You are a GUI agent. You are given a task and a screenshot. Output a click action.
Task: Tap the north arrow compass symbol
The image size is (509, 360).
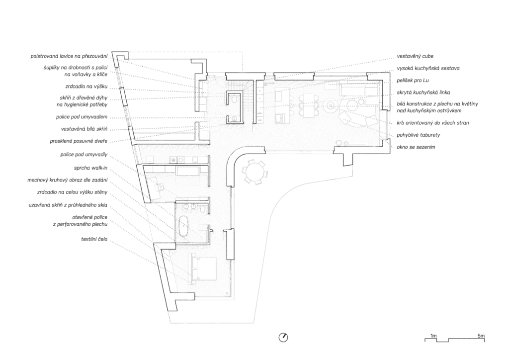click(283, 337)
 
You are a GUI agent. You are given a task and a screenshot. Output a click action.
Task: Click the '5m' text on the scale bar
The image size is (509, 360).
click(481, 336)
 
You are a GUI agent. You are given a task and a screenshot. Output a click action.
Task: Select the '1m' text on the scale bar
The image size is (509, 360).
click(433, 336)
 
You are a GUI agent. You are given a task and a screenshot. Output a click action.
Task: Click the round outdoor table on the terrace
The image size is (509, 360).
click(255, 172)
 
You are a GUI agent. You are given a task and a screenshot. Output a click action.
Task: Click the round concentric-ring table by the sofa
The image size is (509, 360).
click(330, 105)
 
